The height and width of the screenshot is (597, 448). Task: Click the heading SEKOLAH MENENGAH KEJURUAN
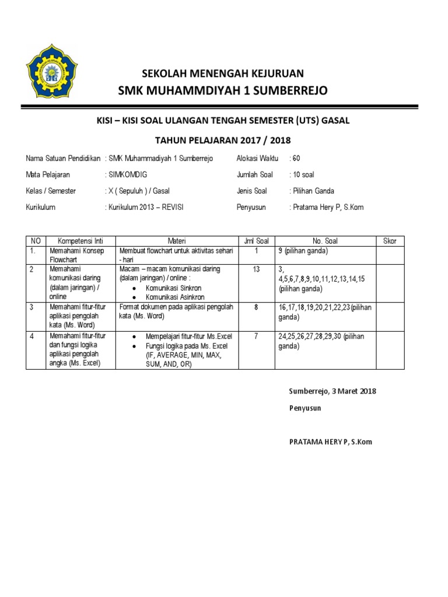tap(223, 73)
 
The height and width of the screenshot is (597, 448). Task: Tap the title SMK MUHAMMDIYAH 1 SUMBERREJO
tap(223, 90)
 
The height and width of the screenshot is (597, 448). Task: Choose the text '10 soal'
tap(303, 174)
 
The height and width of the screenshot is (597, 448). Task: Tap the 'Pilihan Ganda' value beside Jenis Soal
tap(314, 191)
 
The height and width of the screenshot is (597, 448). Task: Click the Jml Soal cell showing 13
tap(256, 269)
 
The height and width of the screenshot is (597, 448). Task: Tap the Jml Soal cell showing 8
tap(256, 306)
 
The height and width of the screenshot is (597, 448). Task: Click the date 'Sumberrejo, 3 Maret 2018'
tap(332, 391)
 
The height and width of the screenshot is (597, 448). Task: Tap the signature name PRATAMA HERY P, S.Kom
tap(330, 441)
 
